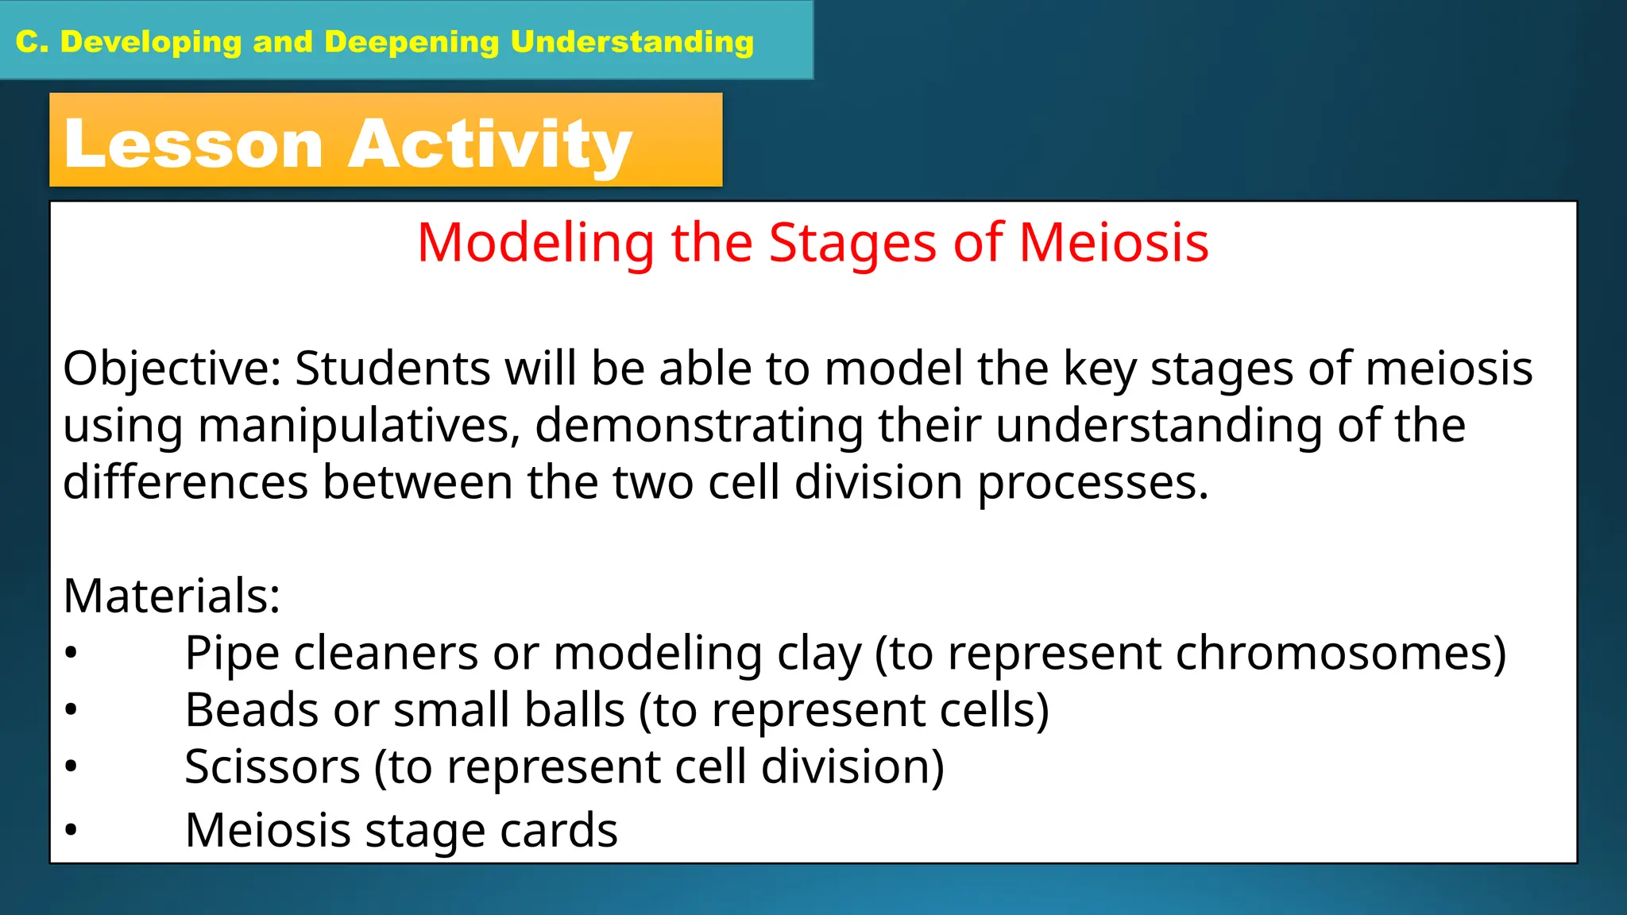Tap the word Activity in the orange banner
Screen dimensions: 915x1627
point(489,145)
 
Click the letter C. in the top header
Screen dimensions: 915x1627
point(32,42)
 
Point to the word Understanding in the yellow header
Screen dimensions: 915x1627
point(632,42)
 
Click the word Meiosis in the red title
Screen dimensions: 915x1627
point(1113,242)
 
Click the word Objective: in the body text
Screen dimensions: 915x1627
point(172,369)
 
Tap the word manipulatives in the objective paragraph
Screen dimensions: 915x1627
point(358,426)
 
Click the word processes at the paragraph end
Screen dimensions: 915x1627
point(1092,484)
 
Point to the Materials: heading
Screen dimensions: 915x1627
point(172,596)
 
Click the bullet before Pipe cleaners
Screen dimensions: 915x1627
point(71,654)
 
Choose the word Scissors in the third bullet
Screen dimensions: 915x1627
point(272,766)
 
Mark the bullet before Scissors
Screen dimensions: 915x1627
point(71,767)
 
